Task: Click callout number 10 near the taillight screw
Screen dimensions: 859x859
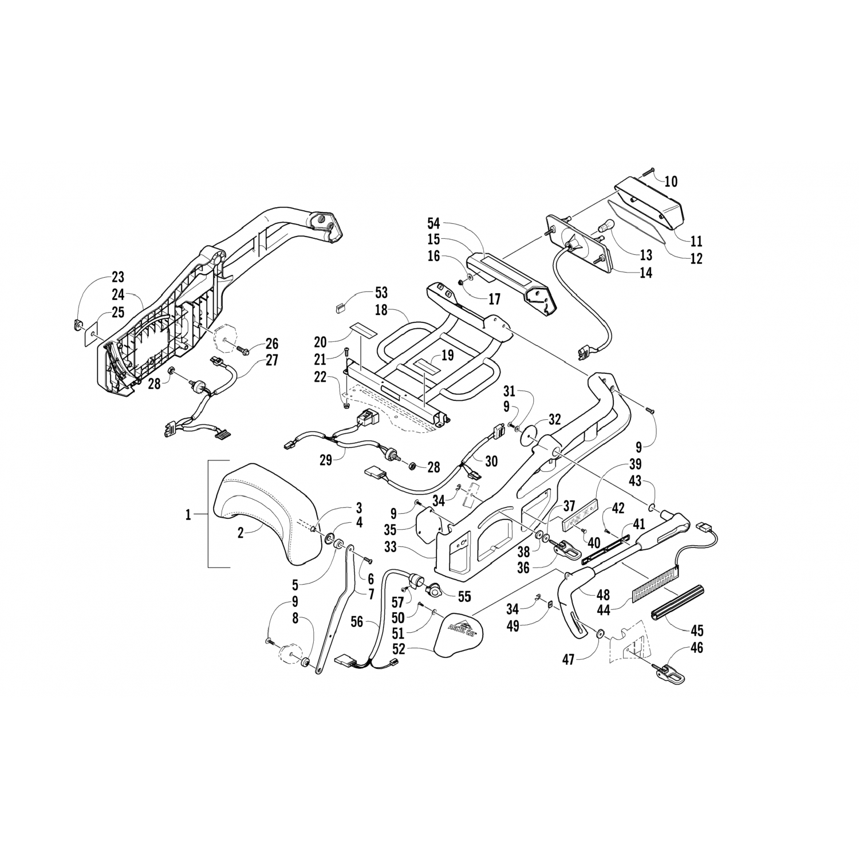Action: click(x=671, y=182)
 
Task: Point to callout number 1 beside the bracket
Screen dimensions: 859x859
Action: click(x=188, y=515)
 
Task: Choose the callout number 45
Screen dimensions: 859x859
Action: click(x=697, y=631)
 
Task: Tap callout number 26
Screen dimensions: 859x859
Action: click(x=271, y=344)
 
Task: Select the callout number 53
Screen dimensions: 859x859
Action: click(x=381, y=293)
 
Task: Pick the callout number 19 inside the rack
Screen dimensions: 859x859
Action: click(x=447, y=355)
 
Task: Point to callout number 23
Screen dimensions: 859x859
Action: click(x=117, y=278)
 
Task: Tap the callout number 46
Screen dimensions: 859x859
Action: click(x=697, y=648)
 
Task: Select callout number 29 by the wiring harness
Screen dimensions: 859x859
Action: click(x=326, y=460)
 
